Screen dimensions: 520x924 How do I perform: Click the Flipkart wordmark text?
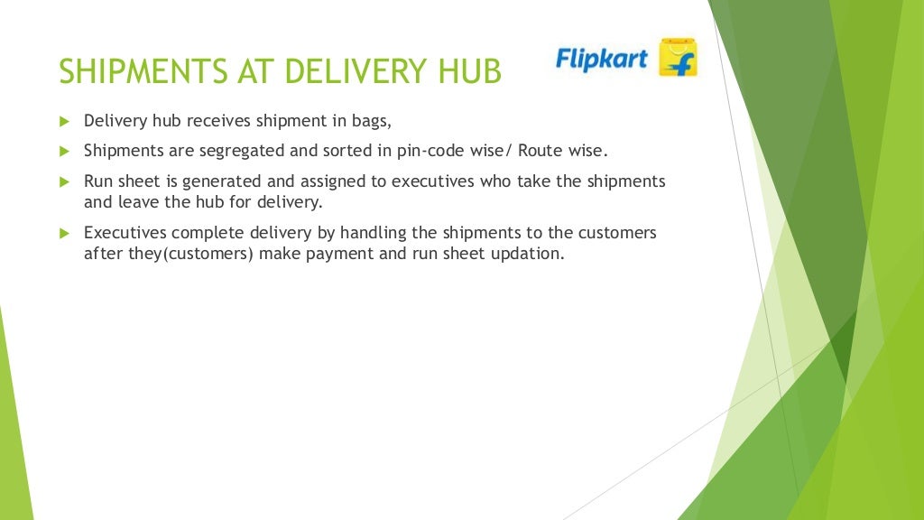[x=602, y=60]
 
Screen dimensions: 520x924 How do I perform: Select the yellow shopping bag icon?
[x=678, y=57]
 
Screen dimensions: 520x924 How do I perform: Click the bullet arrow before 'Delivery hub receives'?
[x=64, y=121]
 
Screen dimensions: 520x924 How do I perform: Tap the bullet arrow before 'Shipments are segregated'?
[x=64, y=151]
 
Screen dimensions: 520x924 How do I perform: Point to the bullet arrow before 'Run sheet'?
[x=64, y=181]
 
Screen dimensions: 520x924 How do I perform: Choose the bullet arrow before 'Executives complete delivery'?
[x=64, y=233]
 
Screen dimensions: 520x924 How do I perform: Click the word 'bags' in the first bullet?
[x=372, y=121]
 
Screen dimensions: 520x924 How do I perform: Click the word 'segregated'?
[x=241, y=151]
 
